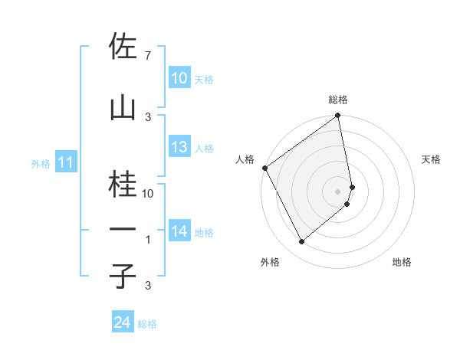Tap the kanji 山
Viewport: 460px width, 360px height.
point(123,108)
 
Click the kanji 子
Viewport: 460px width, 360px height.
point(123,277)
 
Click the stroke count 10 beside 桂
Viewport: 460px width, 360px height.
point(148,194)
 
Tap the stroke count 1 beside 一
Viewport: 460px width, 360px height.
point(148,240)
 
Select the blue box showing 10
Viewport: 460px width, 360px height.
point(179,78)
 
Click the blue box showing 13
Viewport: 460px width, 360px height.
point(179,148)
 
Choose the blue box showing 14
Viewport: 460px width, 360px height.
point(179,231)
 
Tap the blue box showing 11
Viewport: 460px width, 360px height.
point(65,162)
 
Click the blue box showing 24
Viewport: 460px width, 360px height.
point(122,322)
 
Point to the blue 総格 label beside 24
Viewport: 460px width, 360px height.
point(147,324)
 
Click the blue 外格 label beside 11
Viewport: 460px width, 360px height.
point(41,163)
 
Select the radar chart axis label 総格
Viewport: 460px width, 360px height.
point(338,100)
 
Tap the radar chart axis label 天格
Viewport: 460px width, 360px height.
point(432,159)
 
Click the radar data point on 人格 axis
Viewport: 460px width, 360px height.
point(264,168)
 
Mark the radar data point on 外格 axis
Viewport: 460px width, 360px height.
point(302,242)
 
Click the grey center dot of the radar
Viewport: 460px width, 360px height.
point(338,191)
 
